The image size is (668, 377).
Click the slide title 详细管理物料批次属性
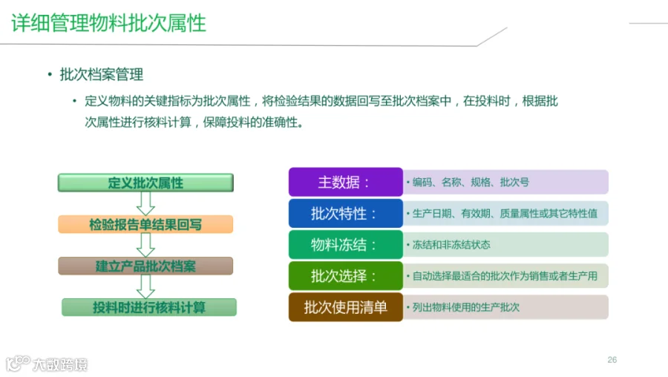(108, 23)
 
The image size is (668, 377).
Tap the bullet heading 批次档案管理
(102, 74)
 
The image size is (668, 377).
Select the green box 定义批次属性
(145, 183)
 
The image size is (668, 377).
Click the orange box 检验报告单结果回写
(145, 224)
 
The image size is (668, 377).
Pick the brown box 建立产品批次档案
(145, 266)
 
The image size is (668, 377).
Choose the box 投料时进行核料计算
(149, 307)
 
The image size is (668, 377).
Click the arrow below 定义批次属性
(145, 203)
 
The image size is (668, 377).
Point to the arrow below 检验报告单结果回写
(145, 245)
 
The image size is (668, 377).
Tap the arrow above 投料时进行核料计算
(145, 286)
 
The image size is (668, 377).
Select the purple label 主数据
(345, 182)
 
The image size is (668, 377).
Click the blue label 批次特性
(345, 213)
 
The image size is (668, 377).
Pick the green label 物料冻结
(345, 244)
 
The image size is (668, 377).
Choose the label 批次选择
(345, 275)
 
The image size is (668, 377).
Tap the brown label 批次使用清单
(345, 306)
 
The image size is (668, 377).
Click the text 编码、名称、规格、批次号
(471, 183)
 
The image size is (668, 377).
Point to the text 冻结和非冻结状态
(451, 245)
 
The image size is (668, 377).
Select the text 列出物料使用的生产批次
(465, 307)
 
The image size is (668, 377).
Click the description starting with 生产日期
(505, 214)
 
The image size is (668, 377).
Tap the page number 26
(612, 360)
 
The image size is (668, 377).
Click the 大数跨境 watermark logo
(47, 364)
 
